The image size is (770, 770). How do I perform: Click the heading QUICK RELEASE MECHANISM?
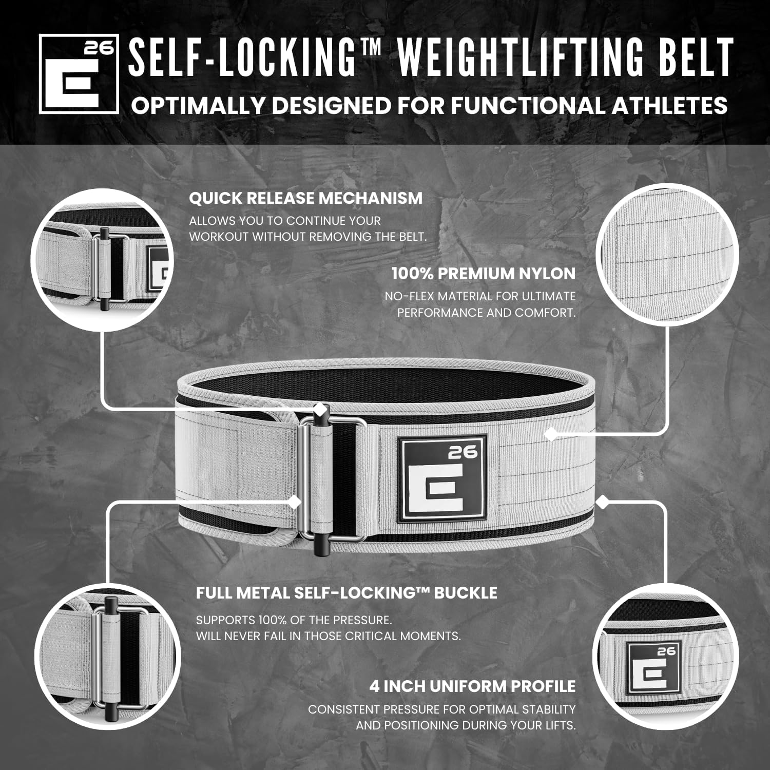[x=305, y=198]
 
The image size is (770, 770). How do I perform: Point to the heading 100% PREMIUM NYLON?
[x=483, y=274]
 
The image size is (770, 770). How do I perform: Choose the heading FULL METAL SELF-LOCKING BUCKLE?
[x=346, y=593]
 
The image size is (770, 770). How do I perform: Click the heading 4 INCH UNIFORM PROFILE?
[x=472, y=686]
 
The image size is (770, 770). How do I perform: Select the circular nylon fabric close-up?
[x=667, y=256]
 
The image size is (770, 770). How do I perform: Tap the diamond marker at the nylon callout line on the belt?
[x=550, y=434]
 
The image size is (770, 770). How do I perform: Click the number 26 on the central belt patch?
[x=463, y=452]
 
